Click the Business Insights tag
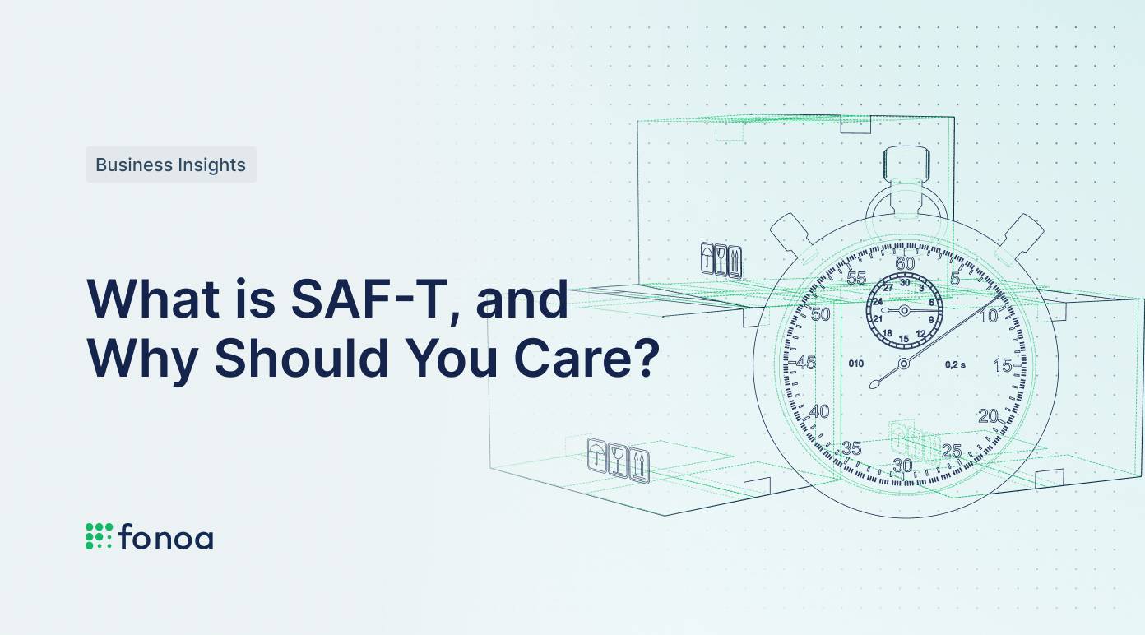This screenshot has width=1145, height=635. click(170, 165)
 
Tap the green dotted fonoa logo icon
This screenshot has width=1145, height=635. click(99, 535)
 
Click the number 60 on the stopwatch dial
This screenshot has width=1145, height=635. click(905, 264)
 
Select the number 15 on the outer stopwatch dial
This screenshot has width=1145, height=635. click(1002, 366)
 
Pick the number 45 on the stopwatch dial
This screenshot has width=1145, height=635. click(806, 364)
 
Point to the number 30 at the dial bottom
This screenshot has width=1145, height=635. click(903, 466)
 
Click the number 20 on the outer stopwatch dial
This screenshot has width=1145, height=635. click(988, 416)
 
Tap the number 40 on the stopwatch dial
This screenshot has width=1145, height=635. click(820, 412)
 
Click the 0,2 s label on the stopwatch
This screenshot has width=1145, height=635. click(955, 364)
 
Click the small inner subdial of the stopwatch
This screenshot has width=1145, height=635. click(904, 310)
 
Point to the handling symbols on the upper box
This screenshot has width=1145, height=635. click(721, 260)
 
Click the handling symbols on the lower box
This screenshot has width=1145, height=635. click(619, 460)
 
